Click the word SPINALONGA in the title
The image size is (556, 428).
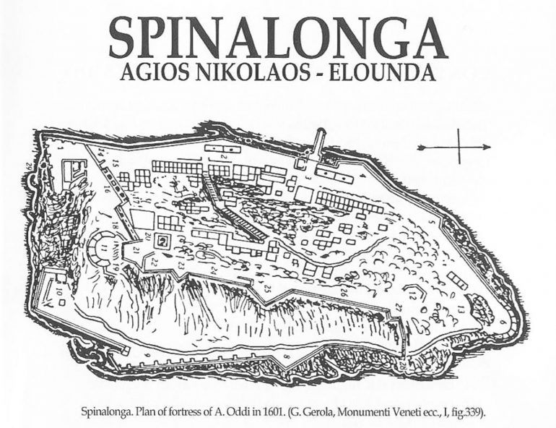(278, 38)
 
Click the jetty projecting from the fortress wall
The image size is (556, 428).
(318, 145)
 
